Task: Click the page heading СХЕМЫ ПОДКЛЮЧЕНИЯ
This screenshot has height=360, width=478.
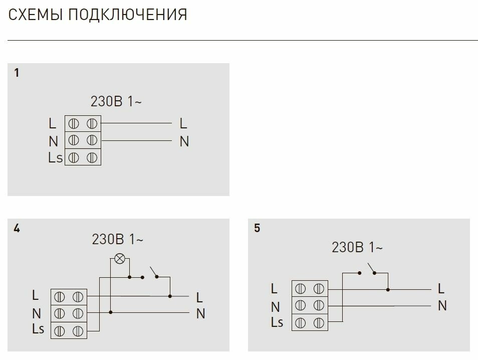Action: point(98,15)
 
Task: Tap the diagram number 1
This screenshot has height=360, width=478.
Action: point(17,73)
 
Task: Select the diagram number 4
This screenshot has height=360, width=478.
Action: point(17,229)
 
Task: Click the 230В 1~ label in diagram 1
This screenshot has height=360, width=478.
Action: point(116,101)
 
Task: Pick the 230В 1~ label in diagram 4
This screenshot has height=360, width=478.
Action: point(118,240)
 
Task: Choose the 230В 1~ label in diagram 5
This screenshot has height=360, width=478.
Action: point(357,247)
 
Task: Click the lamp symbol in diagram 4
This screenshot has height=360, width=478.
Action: point(119,259)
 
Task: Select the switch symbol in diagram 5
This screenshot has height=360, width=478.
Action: point(373,269)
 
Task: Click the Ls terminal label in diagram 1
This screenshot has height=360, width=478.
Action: point(55,158)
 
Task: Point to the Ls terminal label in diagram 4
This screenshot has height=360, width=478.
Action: point(38,329)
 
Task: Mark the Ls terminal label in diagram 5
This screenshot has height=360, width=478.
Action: point(277,322)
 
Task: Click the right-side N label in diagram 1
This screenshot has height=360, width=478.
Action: point(184,142)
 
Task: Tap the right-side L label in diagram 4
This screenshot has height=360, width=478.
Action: point(199,297)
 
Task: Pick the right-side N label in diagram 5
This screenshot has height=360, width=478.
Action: point(442,305)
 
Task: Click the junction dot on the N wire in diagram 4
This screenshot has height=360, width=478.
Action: point(110,312)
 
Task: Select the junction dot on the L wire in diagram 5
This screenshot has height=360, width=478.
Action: point(388,289)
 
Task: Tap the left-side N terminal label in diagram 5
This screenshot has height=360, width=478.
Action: point(275,306)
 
